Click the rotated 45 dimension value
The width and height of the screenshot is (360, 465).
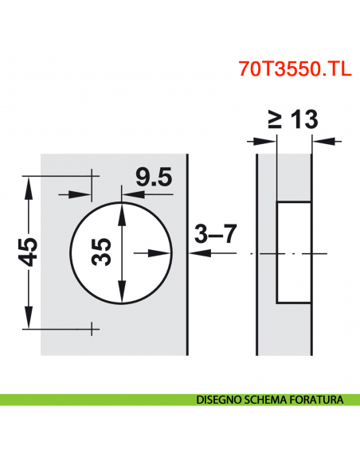[29, 253]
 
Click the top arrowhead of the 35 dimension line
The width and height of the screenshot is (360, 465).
[121, 209]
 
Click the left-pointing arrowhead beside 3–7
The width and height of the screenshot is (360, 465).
[198, 253]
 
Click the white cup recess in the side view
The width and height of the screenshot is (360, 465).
[292, 252]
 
